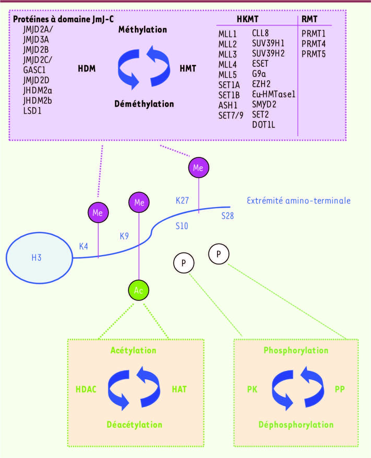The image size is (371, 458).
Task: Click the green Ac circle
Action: pyautogui.click(x=139, y=290)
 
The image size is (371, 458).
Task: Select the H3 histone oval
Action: pyautogui.click(x=39, y=258)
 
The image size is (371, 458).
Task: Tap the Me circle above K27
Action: pyautogui.click(x=199, y=167)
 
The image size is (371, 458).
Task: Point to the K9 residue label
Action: pyautogui.click(x=124, y=236)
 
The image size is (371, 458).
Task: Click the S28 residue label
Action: pyautogui.click(x=228, y=216)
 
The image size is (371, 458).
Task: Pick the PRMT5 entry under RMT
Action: pyautogui.click(x=313, y=54)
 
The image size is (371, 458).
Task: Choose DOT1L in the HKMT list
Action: pyautogui.click(x=264, y=125)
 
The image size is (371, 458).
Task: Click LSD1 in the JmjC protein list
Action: pyautogui.click(x=32, y=111)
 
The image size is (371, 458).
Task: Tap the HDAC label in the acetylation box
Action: pyautogui.click(x=86, y=389)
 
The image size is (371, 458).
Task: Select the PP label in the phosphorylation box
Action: pyautogui.click(x=340, y=389)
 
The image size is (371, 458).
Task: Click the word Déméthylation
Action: pyautogui.click(x=144, y=104)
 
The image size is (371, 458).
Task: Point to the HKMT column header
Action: pyautogui.click(x=247, y=19)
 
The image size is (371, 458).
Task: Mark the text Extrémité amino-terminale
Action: pyautogui.click(x=298, y=201)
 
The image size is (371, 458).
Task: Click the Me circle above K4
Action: pyautogui.click(x=98, y=213)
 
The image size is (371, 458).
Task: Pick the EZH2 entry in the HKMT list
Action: pyautogui.click(x=261, y=84)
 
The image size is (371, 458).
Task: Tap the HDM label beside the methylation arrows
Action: pyautogui.click(x=87, y=69)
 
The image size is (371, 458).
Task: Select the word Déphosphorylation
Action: pyautogui.click(x=296, y=425)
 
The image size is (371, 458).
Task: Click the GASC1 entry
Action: pyautogui.click(x=34, y=70)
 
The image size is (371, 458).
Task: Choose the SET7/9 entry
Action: pyautogui.click(x=231, y=115)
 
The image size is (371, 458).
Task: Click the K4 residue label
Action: pyautogui.click(x=83, y=246)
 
